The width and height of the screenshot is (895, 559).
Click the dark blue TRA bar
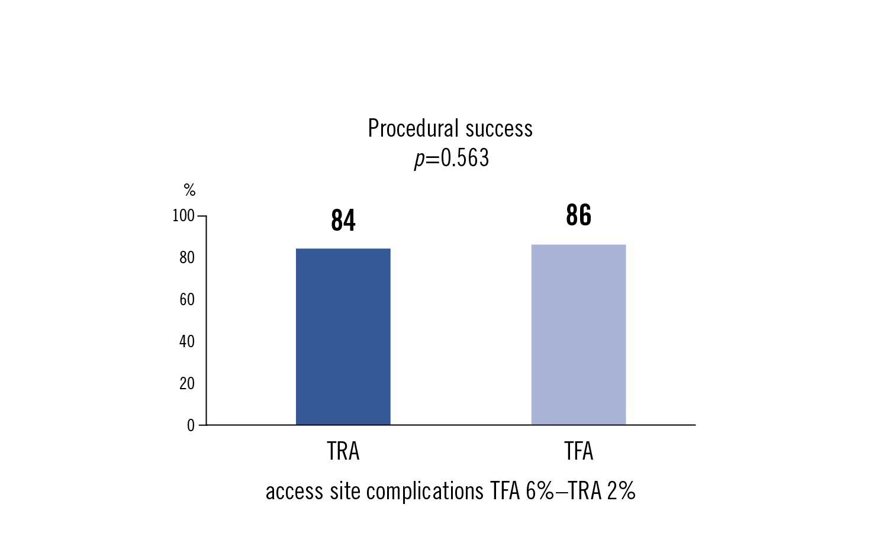click(343, 337)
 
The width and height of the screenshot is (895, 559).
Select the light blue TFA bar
click(578, 335)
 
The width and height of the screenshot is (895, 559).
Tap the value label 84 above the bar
click(343, 221)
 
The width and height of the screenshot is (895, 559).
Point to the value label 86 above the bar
click(578, 215)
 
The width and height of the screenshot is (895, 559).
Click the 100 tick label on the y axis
click(183, 216)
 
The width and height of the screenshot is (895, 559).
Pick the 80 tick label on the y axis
click(186, 258)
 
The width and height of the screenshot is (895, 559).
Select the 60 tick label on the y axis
click(186, 300)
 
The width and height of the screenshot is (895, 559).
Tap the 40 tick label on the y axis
click(186, 342)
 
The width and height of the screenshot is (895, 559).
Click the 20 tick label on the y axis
click(186, 384)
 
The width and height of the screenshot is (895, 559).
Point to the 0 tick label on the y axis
click(191, 426)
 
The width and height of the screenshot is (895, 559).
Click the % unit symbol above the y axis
click(189, 190)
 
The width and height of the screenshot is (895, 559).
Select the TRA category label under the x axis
click(343, 452)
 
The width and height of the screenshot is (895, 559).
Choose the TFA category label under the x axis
click(578, 452)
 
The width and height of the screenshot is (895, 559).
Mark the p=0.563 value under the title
click(451, 159)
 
